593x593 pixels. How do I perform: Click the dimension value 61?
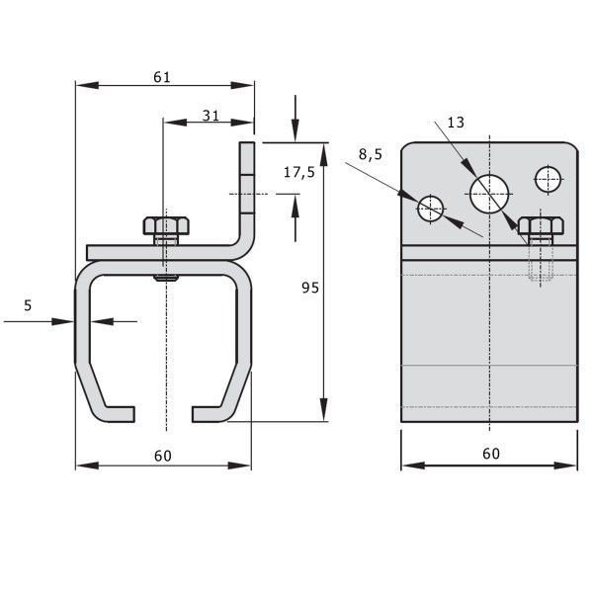click(162, 77)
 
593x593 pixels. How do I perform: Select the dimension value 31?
click(211, 116)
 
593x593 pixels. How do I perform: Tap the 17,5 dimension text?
click(299, 172)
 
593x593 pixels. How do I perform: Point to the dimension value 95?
click(310, 288)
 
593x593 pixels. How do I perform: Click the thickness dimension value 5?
click(28, 305)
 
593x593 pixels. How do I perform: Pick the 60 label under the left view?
click(163, 456)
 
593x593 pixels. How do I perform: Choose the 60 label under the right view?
click(491, 454)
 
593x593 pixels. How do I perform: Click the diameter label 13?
click(456, 123)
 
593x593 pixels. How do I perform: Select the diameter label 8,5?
click(371, 154)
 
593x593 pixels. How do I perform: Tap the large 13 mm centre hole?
click(489, 194)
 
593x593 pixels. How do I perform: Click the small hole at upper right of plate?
click(548, 179)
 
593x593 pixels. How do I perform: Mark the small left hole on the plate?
click(430, 209)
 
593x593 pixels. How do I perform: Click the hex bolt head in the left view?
click(166, 225)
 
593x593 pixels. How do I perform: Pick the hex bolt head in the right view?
click(541, 226)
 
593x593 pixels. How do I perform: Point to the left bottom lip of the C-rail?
click(115, 414)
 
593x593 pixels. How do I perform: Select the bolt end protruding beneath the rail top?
click(166, 279)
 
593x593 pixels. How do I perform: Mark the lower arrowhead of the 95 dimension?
click(324, 409)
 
